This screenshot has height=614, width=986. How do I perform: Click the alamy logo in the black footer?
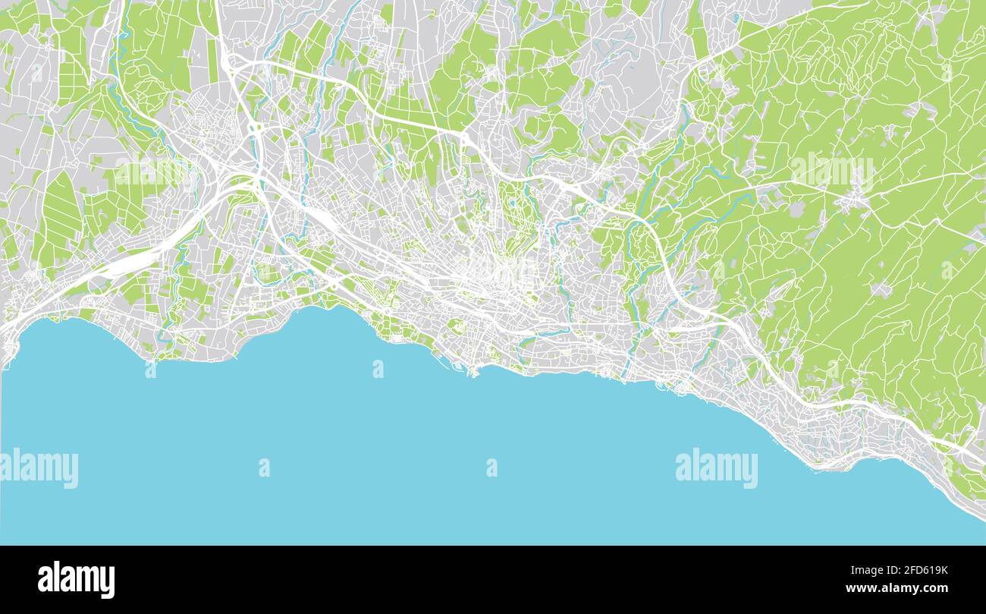coord(76,580)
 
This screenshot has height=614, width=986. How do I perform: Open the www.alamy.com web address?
coord(894,588)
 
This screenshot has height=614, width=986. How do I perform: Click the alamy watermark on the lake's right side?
coord(716,468)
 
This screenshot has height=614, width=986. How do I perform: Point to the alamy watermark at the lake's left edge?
coord(39,468)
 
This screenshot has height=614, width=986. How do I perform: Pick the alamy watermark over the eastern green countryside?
coord(832,172)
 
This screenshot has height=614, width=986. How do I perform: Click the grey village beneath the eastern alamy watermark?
coord(853,201)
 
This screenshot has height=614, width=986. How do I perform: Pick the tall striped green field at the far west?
coord(61,213)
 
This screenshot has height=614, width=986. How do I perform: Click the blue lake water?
coord(379,455)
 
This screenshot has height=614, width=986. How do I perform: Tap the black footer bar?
coord(493,580)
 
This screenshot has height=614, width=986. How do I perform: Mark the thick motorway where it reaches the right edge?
coord(978,455)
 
